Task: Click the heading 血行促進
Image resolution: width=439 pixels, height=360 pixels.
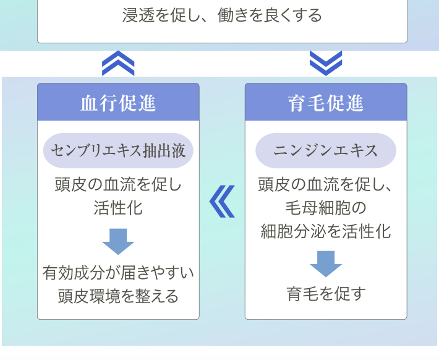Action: tap(118, 103)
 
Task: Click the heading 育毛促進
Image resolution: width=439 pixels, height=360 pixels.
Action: tap(326, 103)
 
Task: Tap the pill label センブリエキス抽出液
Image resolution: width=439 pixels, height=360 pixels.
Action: tap(118, 150)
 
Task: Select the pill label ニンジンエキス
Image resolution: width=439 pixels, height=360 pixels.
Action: tap(326, 150)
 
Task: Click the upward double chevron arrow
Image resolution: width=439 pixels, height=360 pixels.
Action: tap(118, 63)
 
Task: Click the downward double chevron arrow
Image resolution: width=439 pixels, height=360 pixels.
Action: tap(326, 63)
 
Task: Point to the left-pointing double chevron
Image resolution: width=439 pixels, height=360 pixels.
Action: tap(222, 202)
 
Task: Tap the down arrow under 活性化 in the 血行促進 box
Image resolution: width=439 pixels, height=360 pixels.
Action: tap(118, 241)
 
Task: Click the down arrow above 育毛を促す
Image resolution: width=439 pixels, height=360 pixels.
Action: tap(326, 264)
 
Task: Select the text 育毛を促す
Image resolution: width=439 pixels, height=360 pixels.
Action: tap(326, 294)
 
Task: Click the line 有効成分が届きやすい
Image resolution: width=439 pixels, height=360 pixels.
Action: tap(118, 273)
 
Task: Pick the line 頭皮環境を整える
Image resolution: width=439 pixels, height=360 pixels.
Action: tap(118, 296)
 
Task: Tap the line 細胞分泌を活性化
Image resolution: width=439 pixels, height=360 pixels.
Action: tap(326, 231)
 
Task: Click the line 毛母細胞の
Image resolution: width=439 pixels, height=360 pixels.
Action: tap(326, 208)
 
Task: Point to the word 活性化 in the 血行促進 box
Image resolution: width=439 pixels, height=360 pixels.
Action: tap(118, 208)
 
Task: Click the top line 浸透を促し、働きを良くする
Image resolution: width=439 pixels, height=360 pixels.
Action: tap(222, 15)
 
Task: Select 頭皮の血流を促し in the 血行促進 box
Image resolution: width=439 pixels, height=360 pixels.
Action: tap(118, 184)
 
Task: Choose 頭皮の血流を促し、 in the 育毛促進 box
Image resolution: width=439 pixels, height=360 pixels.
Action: tap(325, 184)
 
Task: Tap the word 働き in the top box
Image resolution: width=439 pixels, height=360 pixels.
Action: tap(234, 15)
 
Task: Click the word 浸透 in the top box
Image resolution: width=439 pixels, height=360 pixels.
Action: tap(139, 15)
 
